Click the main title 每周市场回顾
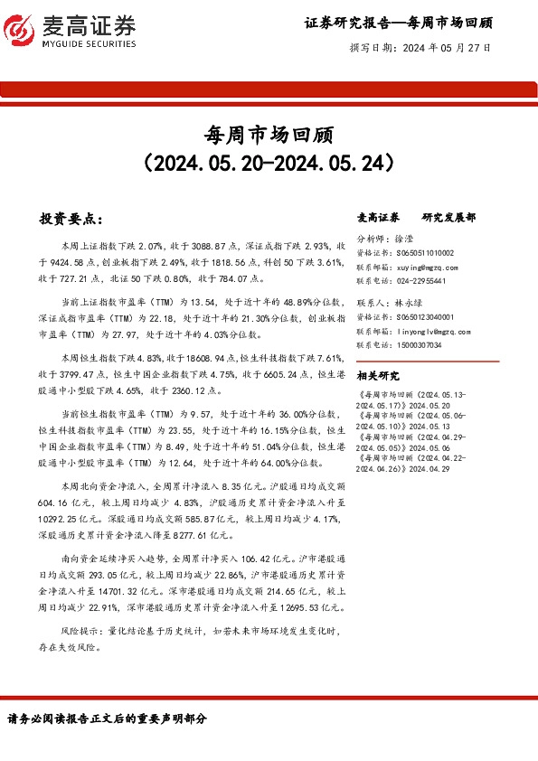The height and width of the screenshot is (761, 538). click(x=269, y=135)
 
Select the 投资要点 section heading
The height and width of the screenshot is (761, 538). click(x=71, y=219)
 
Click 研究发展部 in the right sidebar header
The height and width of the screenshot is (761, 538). click(x=449, y=218)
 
